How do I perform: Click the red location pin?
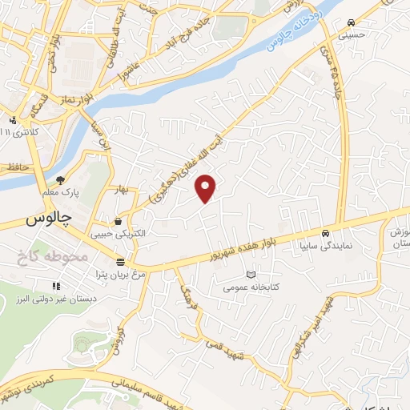[x=207, y=188]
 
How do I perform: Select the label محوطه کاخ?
[x=49, y=257]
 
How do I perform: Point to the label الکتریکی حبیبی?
[x=119, y=234]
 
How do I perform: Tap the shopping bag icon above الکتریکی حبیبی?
[x=119, y=221]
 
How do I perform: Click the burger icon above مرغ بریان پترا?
[x=119, y=263]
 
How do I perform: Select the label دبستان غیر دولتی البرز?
[x=54, y=298]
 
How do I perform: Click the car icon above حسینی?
[x=352, y=22]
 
